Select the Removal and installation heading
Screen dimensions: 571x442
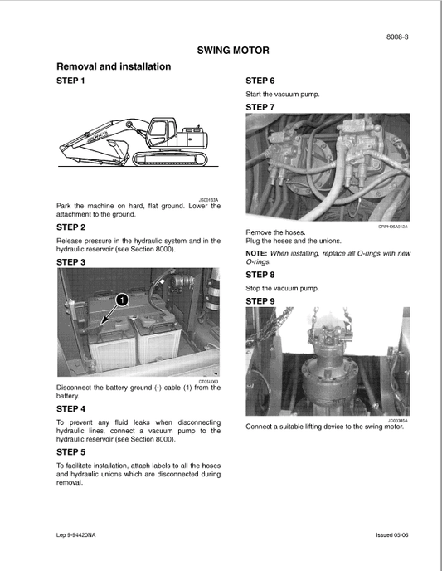[x=113, y=66]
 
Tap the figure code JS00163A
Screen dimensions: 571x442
[x=210, y=199]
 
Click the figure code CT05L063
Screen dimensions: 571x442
[x=209, y=381]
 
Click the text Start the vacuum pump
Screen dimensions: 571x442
[x=283, y=95]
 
